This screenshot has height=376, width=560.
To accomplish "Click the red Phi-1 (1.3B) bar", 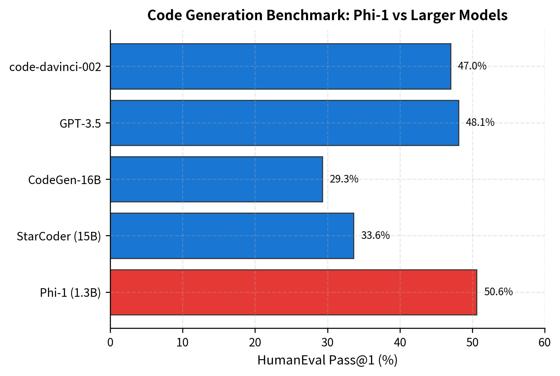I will coord(293,292).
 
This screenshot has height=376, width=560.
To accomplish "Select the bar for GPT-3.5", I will coord(284,123).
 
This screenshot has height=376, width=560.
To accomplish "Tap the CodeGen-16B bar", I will coord(216,179).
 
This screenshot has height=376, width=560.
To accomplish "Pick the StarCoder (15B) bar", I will coord(232,236).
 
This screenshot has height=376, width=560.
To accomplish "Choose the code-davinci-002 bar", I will coord(280,66).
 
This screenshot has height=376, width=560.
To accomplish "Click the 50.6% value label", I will coord(498,292).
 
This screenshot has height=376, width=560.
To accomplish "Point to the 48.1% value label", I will coord(480,122).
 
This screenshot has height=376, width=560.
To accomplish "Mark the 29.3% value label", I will coord(344,179).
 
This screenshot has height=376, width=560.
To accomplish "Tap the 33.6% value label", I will coord(375,236).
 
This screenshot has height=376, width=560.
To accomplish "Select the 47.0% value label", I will coord(472,66).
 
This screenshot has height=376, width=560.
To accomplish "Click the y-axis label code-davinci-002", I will coord(55,67).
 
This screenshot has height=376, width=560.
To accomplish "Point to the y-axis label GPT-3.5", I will coord(80,124).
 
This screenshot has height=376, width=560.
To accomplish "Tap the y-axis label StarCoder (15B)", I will coord(59,236).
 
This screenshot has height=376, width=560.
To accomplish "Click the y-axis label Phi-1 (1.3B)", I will coord(70,293).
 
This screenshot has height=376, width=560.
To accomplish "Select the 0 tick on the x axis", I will coord(110,343).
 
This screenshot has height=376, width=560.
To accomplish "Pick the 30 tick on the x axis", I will coord(328,343).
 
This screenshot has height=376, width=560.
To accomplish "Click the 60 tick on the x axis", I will coord(544,343).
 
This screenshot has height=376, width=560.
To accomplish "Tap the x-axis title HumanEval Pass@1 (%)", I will coord(327,360).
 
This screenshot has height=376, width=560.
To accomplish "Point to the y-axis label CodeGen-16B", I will coord(64,180).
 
